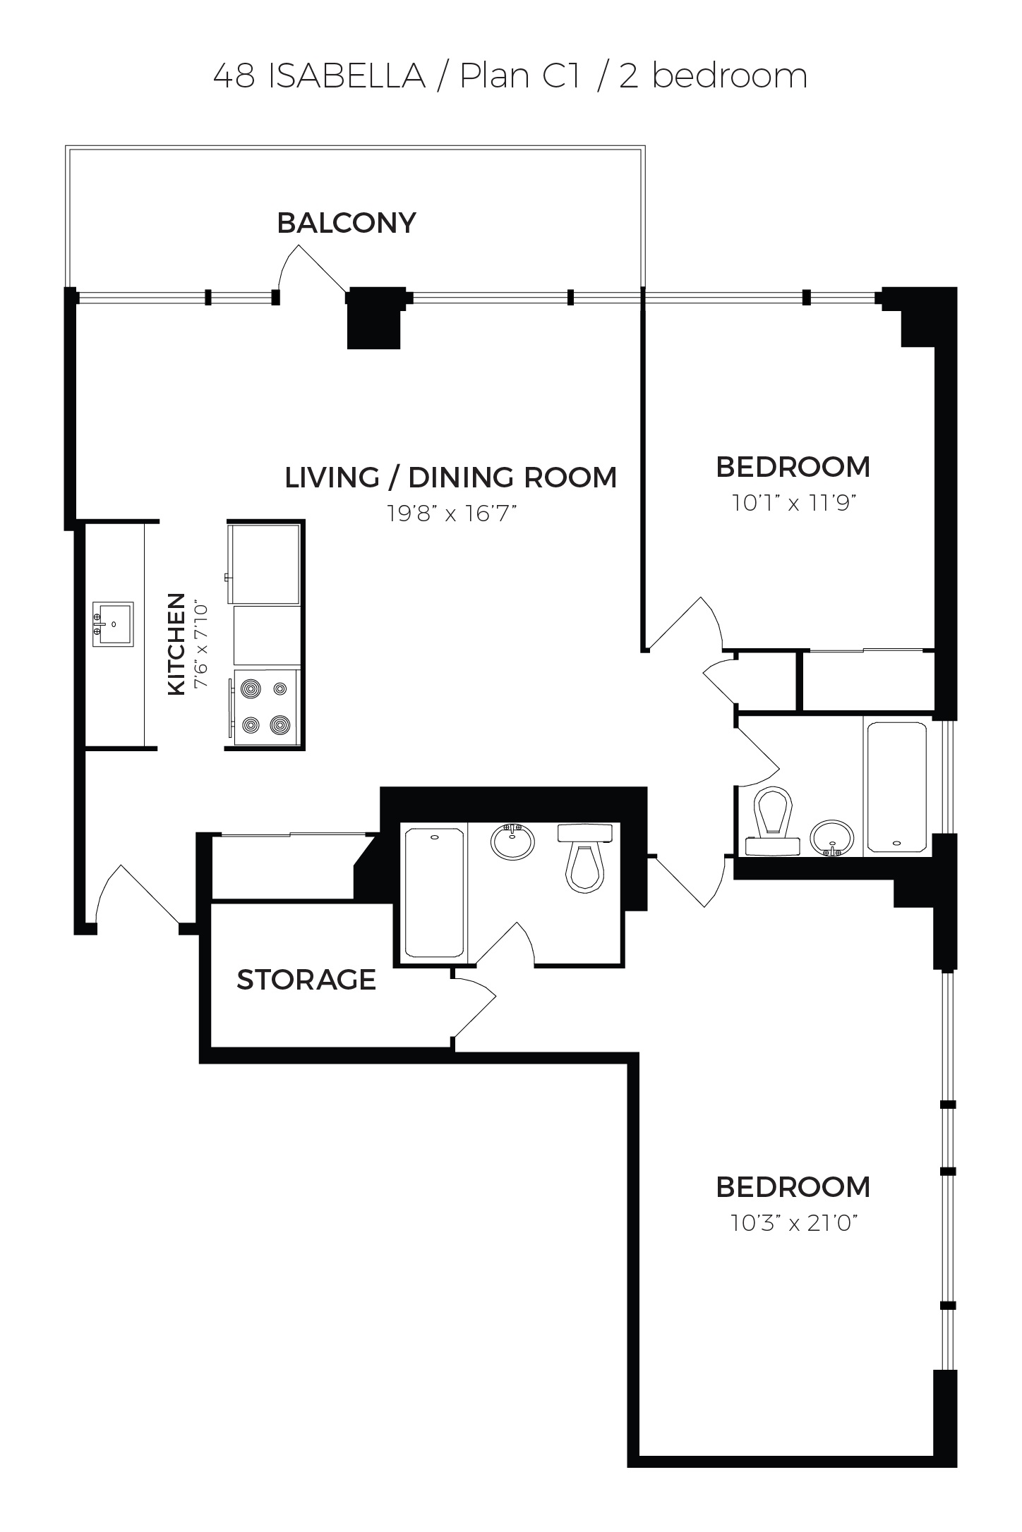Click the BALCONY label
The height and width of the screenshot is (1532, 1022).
pos(346,223)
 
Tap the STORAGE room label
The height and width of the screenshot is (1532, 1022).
pos(306,980)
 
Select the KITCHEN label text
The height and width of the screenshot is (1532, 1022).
pos(176,644)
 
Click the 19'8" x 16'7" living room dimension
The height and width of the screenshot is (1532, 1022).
pos(452,513)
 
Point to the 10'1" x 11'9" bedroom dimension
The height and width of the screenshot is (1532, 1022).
pos(793,503)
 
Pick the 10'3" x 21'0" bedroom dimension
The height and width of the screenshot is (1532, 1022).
pos(793,1222)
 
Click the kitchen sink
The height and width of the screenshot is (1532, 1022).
pos(113,624)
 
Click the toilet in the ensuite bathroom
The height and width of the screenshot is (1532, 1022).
pos(585,858)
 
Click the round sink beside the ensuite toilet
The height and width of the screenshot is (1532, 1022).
pos(512,841)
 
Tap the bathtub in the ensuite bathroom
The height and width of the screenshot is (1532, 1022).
pos(434,893)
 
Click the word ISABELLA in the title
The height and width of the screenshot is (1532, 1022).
pos(347,76)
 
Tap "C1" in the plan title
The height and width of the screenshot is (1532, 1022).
pos(561,76)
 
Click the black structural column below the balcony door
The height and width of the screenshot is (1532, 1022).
pos(375,319)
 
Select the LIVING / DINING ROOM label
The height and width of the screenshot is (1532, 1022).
pos(450,478)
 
